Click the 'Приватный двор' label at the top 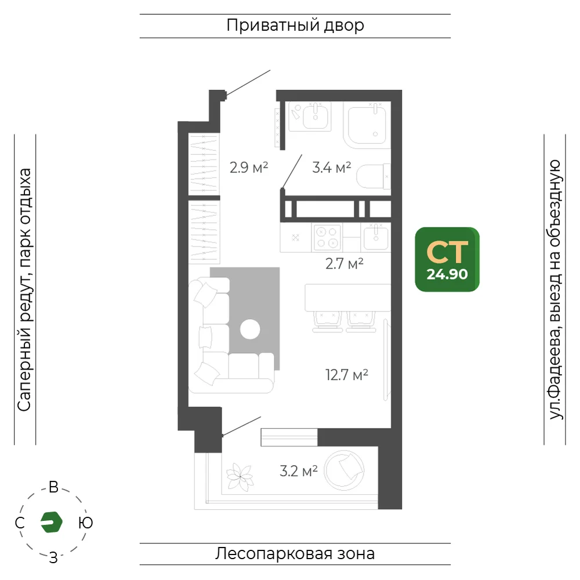pyautogui.click(x=295, y=26)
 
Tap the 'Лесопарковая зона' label pyautogui.click(x=295, y=554)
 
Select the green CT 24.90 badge pyautogui.click(x=447, y=259)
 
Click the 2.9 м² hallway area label pyautogui.click(x=249, y=168)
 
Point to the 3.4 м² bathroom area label pyautogui.click(x=331, y=168)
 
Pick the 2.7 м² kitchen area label pyautogui.click(x=345, y=264)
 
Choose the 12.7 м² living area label pyautogui.click(x=347, y=375)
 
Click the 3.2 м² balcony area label pyautogui.click(x=299, y=471)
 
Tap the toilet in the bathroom pyautogui.click(x=374, y=176)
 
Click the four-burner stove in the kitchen pyautogui.click(x=327, y=237)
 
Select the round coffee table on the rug pyautogui.click(x=250, y=329)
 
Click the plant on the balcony pyautogui.click(x=240, y=477)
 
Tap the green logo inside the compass pyautogui.click(x=52, y=522)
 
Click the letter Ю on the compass pyautogui.click(x=85, y=523)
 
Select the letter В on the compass pyautogui.click(x=53, y=487)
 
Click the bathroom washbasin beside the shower pyautogui.click(x=315, y=115)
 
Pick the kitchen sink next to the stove pyautogui.click(x=376, y=237)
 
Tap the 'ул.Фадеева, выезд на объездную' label pyautogui.click(x=555, y=289)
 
